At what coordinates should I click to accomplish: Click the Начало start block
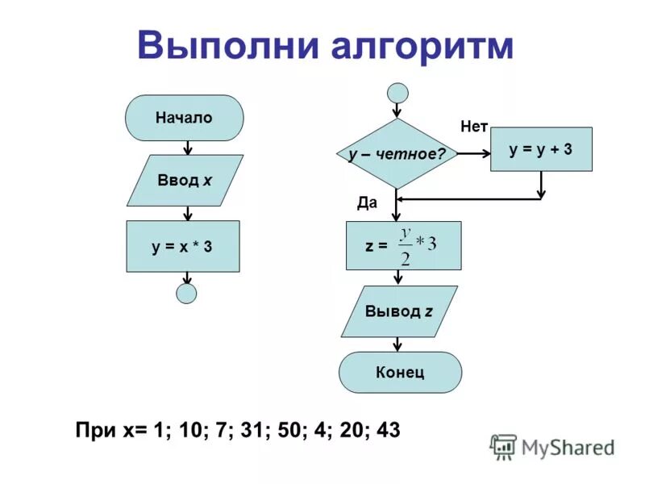(184, 118)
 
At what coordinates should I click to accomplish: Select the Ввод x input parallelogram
(185, 180)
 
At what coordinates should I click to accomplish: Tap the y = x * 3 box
(183, 246)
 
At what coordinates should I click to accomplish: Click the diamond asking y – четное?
(397, 153)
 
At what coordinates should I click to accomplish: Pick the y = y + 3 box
(541, 149)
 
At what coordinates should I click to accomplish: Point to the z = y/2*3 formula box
(403, 245)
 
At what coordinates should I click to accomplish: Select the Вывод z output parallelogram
(399, 311)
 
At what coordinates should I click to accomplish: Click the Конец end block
(400, 372)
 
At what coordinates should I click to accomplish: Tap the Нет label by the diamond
(474, 126)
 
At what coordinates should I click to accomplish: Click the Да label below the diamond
(367, 203)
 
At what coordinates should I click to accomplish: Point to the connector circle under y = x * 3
(186, 293)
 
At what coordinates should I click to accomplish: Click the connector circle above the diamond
(397, 93)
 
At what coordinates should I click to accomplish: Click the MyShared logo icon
(504, 447)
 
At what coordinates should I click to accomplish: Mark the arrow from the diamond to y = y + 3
(473, 153)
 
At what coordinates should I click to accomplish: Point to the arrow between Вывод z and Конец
(397, 344)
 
